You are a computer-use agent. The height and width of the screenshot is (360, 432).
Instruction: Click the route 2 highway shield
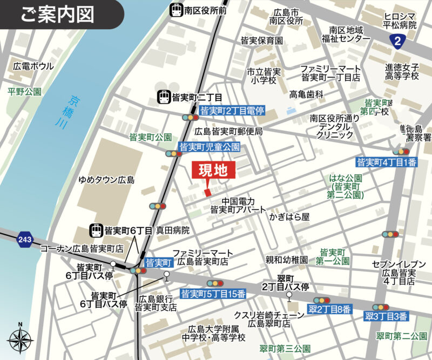(399, 40)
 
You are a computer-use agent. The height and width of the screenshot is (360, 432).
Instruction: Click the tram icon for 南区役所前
(175, 9)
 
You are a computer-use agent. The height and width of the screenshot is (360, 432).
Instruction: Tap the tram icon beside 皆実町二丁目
(164, 97)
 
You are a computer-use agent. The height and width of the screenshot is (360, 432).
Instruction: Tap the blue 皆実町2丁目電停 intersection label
(232, 111)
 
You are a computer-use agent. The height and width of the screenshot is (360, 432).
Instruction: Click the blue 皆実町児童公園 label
(209, 146)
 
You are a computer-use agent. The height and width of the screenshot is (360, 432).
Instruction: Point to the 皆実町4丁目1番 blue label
(387, 162)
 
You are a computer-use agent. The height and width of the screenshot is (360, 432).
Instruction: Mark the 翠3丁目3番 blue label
(386, 316)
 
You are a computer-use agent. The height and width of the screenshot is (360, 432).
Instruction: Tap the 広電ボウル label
(33, 66)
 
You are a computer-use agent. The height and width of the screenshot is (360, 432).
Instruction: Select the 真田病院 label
(173, 230)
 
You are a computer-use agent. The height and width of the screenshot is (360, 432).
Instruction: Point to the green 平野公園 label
(24, 92)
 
